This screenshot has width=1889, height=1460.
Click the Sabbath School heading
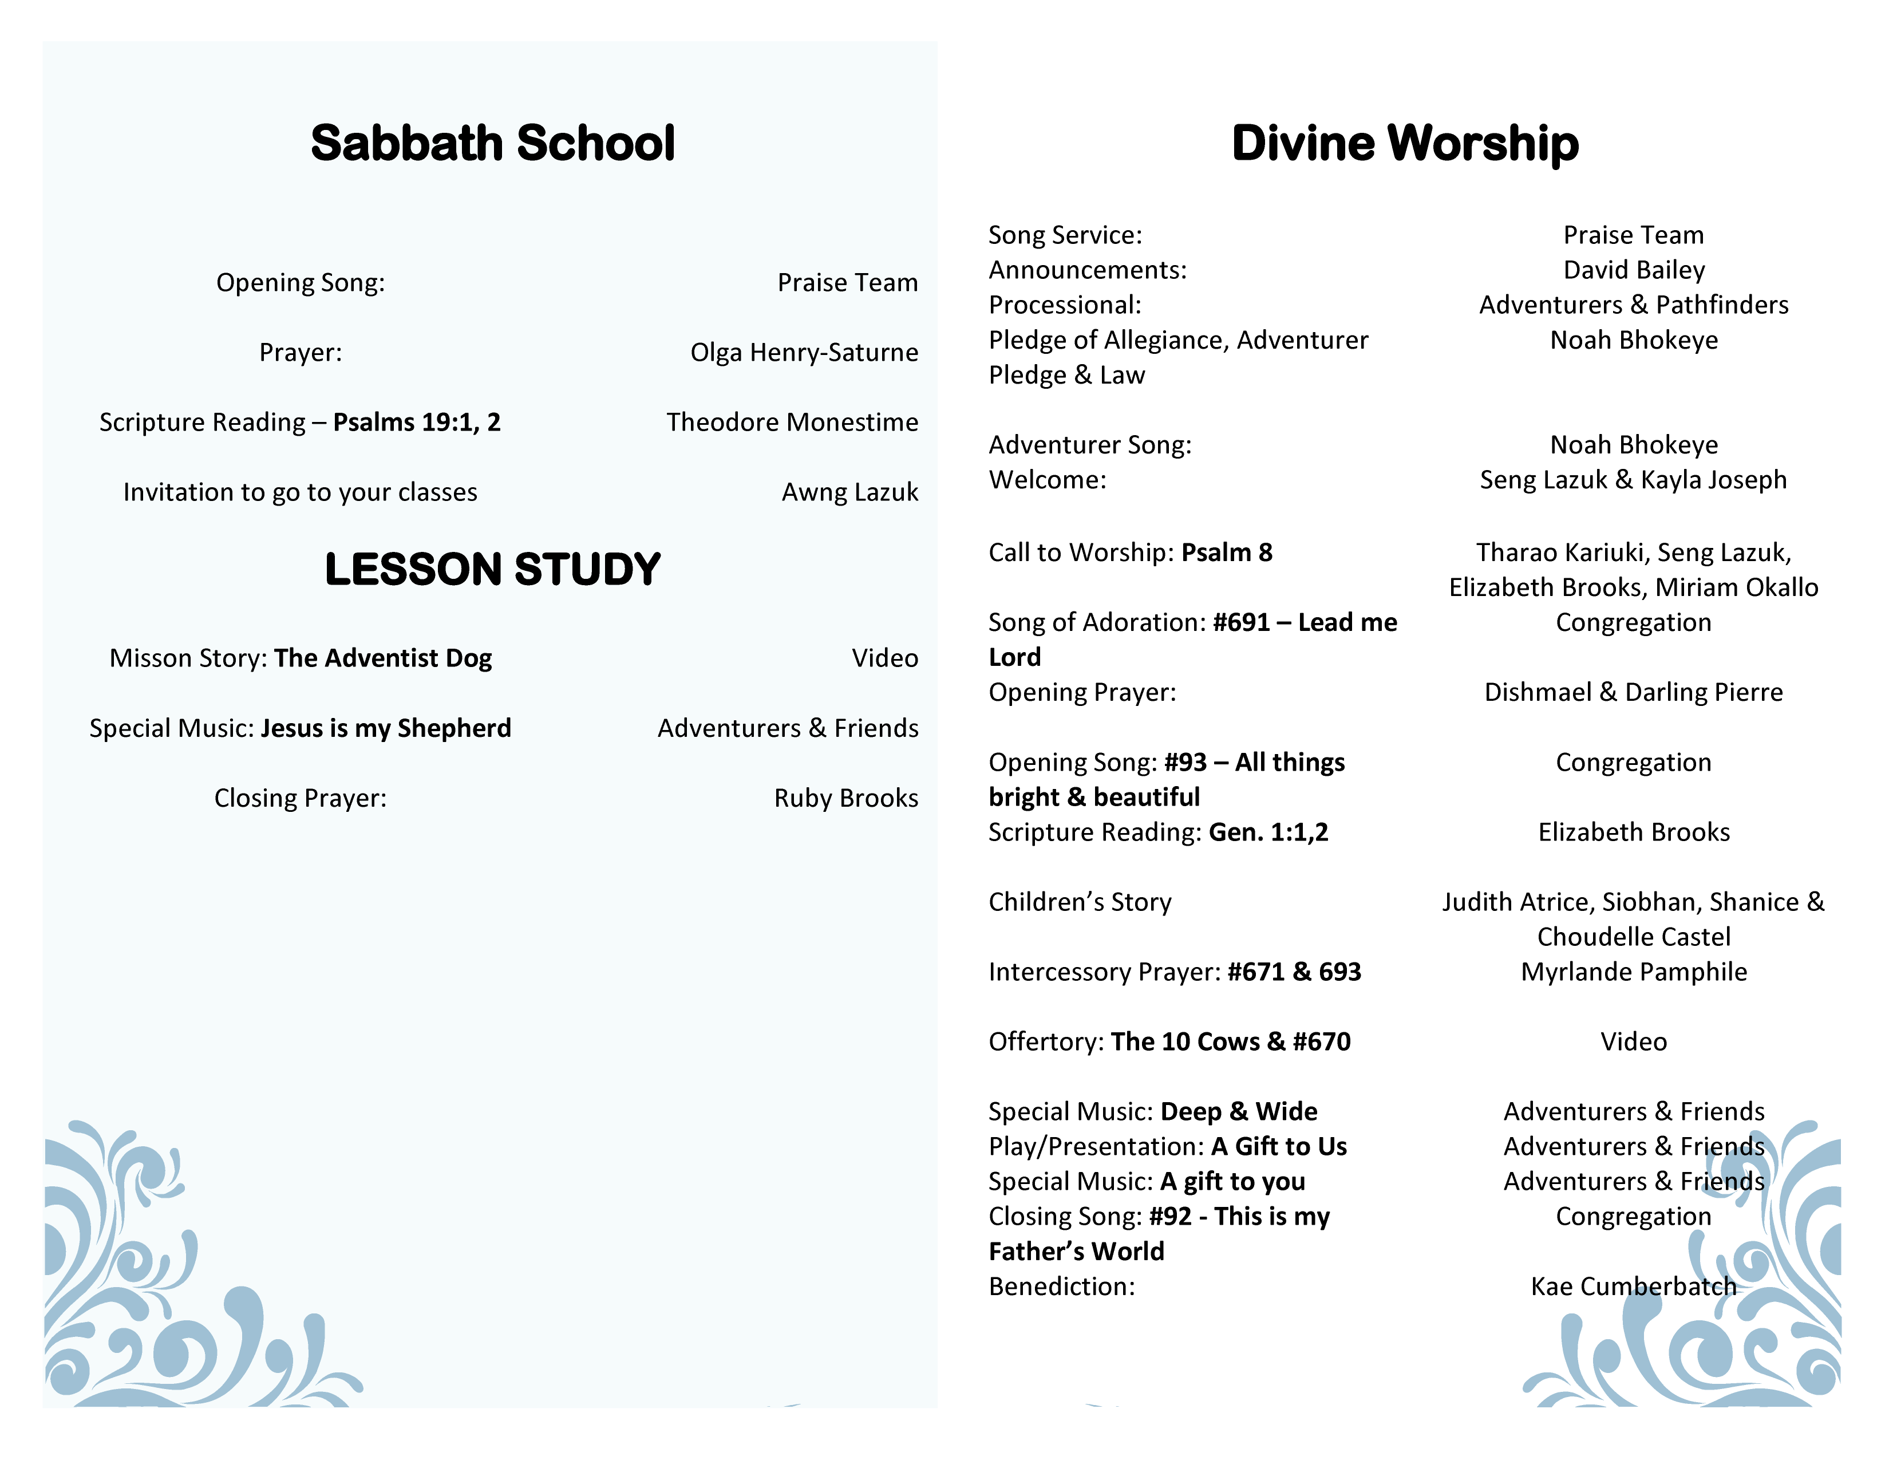coord(492,144)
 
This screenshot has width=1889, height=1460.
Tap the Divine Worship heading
coord(1405,144)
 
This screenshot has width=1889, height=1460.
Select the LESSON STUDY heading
coord(492,569)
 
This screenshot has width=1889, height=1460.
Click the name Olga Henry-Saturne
coord(804,353)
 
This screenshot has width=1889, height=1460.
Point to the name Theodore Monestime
coord(792,422)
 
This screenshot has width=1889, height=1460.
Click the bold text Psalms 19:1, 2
coord(417,422)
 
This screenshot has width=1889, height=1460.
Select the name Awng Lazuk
coord(849,492)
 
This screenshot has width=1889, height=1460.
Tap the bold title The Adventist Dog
coord(383,658)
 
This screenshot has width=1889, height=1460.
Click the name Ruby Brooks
coord(846,798)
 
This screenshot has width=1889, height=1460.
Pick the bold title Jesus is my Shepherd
coord(386,728)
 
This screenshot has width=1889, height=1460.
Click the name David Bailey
coord(1634,270)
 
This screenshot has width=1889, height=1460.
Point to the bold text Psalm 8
coord(1227,553)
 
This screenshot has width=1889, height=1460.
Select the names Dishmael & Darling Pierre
coord(1633,692)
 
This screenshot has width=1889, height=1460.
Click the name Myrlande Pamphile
coord(1634,972)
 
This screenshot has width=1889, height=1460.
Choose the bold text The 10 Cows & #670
coord(1230,1041)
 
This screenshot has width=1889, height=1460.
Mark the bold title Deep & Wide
coord(1239,1111)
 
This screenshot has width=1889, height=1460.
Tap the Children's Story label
coord(1080,902)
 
